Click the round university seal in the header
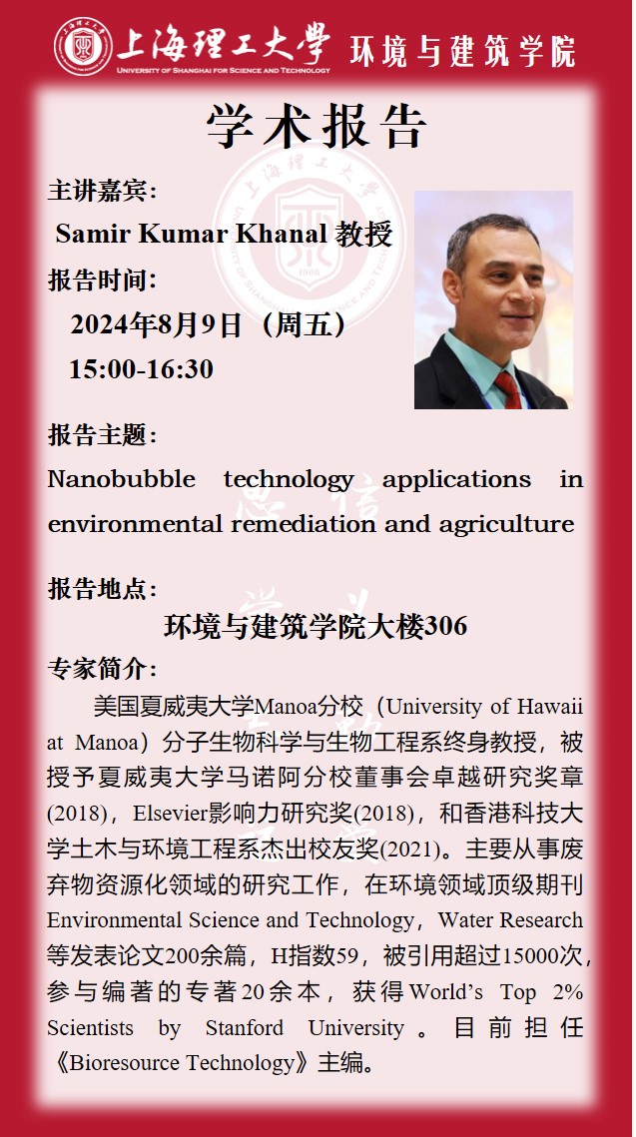coord(83,46)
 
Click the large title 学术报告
coord(317,128)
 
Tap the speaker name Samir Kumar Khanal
coord(192,235)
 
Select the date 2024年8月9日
coord(155,324)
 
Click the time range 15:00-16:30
coord(142,369)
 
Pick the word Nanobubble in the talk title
coord(121,479)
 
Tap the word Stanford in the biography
coord(245,1027)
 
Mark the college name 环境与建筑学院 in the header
coord(462,51)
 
